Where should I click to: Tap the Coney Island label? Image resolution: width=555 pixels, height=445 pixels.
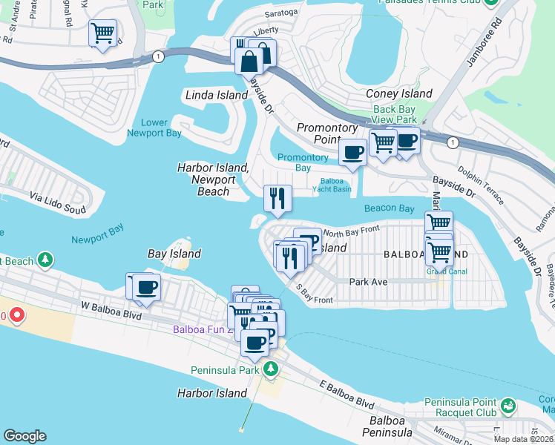(x=399, y=93)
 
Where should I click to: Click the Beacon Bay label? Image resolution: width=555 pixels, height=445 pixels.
(x=389, y=209)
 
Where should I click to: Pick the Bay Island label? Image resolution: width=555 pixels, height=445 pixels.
(x=174, y=254)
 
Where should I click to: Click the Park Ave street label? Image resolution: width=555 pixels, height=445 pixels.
(x=369, y=282)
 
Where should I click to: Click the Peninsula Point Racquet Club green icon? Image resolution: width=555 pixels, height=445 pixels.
(x=508, y=406)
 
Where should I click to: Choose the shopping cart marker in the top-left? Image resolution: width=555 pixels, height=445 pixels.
(x=102, y=33)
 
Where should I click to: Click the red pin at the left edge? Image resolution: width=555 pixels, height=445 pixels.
(x=15, y=315)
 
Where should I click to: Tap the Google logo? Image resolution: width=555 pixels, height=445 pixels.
(x=24, y=436)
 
